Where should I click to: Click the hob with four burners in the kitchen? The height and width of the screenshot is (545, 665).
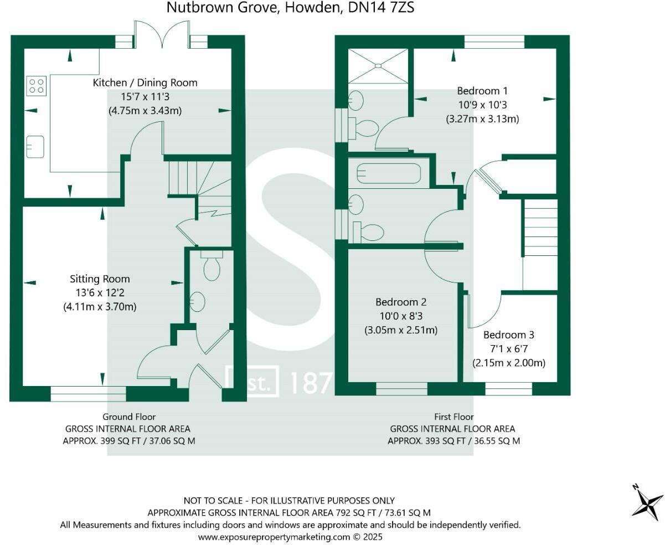pos(37,86)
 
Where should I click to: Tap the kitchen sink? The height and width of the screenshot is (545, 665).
pos(35,146)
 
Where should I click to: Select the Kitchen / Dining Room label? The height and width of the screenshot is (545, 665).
pos(145,83)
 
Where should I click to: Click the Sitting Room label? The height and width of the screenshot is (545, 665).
pos(100,279)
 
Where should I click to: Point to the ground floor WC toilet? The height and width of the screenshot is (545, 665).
pos(212,266)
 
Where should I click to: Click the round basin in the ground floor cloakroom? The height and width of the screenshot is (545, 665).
pos(197,302)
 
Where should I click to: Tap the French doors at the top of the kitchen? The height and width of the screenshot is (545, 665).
pos(161,34)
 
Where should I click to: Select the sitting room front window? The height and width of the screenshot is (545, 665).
pos(88,393)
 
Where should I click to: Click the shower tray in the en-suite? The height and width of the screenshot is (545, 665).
pos(378,66)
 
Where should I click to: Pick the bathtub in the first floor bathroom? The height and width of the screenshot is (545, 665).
pos(389,173)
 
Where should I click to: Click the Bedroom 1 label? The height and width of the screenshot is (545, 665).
pos(482,91)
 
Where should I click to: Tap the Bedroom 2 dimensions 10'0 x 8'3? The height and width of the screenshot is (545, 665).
pos(400,316)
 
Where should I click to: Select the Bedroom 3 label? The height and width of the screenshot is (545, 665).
pos(508,335)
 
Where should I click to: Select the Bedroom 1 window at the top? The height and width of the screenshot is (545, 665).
pos(494,42)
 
